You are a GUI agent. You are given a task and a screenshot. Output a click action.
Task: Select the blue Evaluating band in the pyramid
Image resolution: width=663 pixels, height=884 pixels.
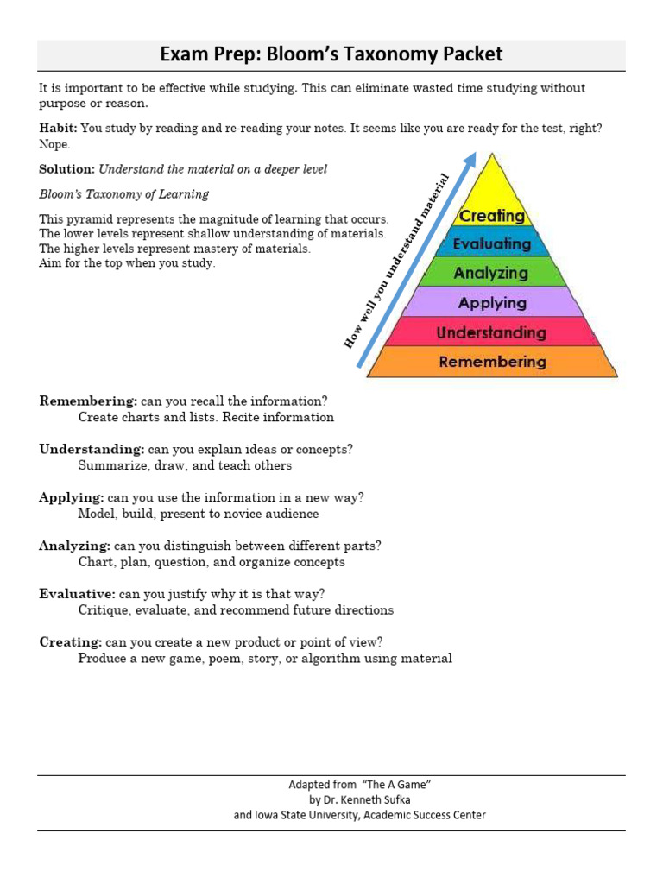[492, 244]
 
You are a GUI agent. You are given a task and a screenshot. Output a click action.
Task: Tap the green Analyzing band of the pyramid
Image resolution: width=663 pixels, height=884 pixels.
[491, 273]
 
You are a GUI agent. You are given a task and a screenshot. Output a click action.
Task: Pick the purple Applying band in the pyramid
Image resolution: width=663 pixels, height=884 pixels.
[492, 303]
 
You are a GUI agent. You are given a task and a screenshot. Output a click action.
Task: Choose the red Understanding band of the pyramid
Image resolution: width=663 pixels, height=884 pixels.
[491, 332]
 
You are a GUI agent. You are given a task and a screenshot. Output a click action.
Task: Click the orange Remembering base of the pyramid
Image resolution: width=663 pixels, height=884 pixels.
[492, 362]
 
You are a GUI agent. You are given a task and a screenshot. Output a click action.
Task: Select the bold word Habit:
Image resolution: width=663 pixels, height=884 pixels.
[58, 128]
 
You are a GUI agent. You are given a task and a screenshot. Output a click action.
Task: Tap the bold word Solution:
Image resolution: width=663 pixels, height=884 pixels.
[67, 169]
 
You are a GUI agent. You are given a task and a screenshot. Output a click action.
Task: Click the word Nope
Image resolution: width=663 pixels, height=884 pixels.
[54, 144]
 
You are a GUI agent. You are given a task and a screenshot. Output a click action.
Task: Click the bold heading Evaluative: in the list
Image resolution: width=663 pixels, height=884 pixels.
[78, 594]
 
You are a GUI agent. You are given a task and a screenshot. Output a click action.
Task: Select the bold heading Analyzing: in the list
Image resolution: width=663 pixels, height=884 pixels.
[74, 546]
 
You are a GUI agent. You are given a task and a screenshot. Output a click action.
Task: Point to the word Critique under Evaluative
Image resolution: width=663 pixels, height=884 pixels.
[103, 610]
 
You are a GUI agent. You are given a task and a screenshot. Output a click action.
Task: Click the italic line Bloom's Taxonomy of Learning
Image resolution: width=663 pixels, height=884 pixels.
[124, 194]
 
